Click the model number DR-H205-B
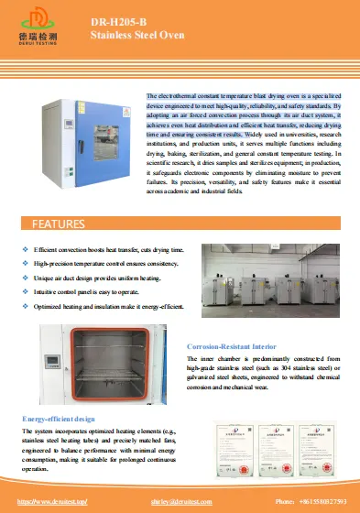(116, 19)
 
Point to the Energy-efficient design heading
(59, 418)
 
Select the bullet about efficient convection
(109, 250)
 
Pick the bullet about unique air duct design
(97, 277)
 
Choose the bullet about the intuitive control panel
(90, 289)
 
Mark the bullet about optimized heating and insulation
(108, 303)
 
